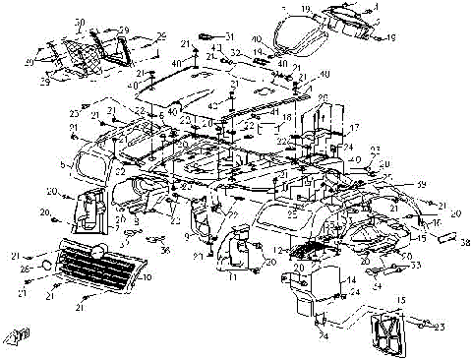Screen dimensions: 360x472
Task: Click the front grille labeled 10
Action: point(93,267)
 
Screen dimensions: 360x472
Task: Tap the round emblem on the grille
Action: point(98,252)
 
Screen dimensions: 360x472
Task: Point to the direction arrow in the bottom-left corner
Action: point(17,339)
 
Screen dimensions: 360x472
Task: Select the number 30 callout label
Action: point(80,21)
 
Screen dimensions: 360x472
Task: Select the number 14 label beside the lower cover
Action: point(350,279)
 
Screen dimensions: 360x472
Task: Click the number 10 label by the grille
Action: point(148,278)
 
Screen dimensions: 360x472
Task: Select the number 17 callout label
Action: point(356,127)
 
